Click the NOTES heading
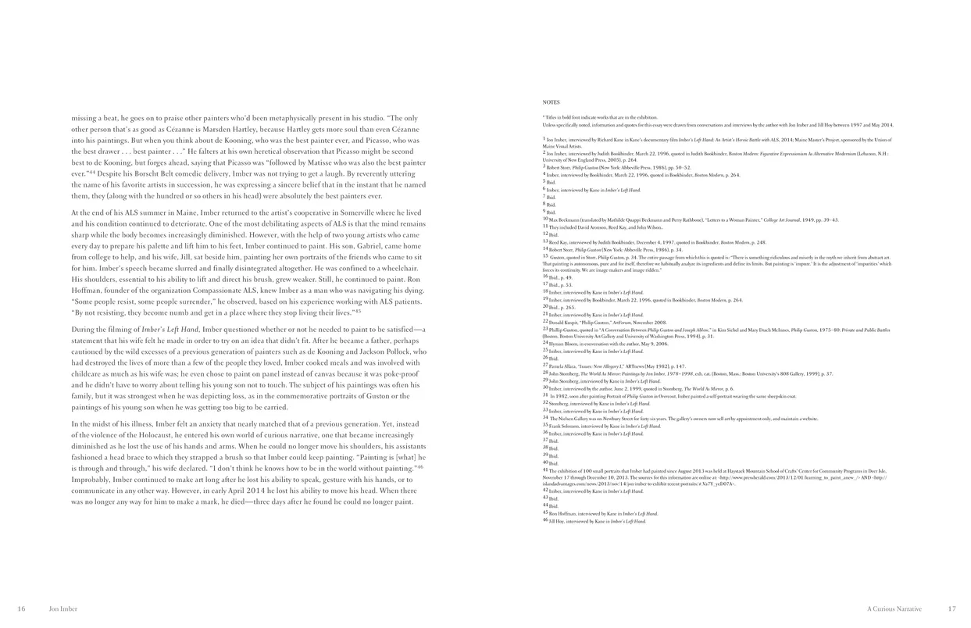click(550, 102)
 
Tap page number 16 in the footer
click(22, 608)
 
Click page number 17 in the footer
click(951, 608)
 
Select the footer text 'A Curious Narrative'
click(894, 608)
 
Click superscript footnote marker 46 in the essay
click(419, 467)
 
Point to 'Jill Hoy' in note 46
click(558, 520)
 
